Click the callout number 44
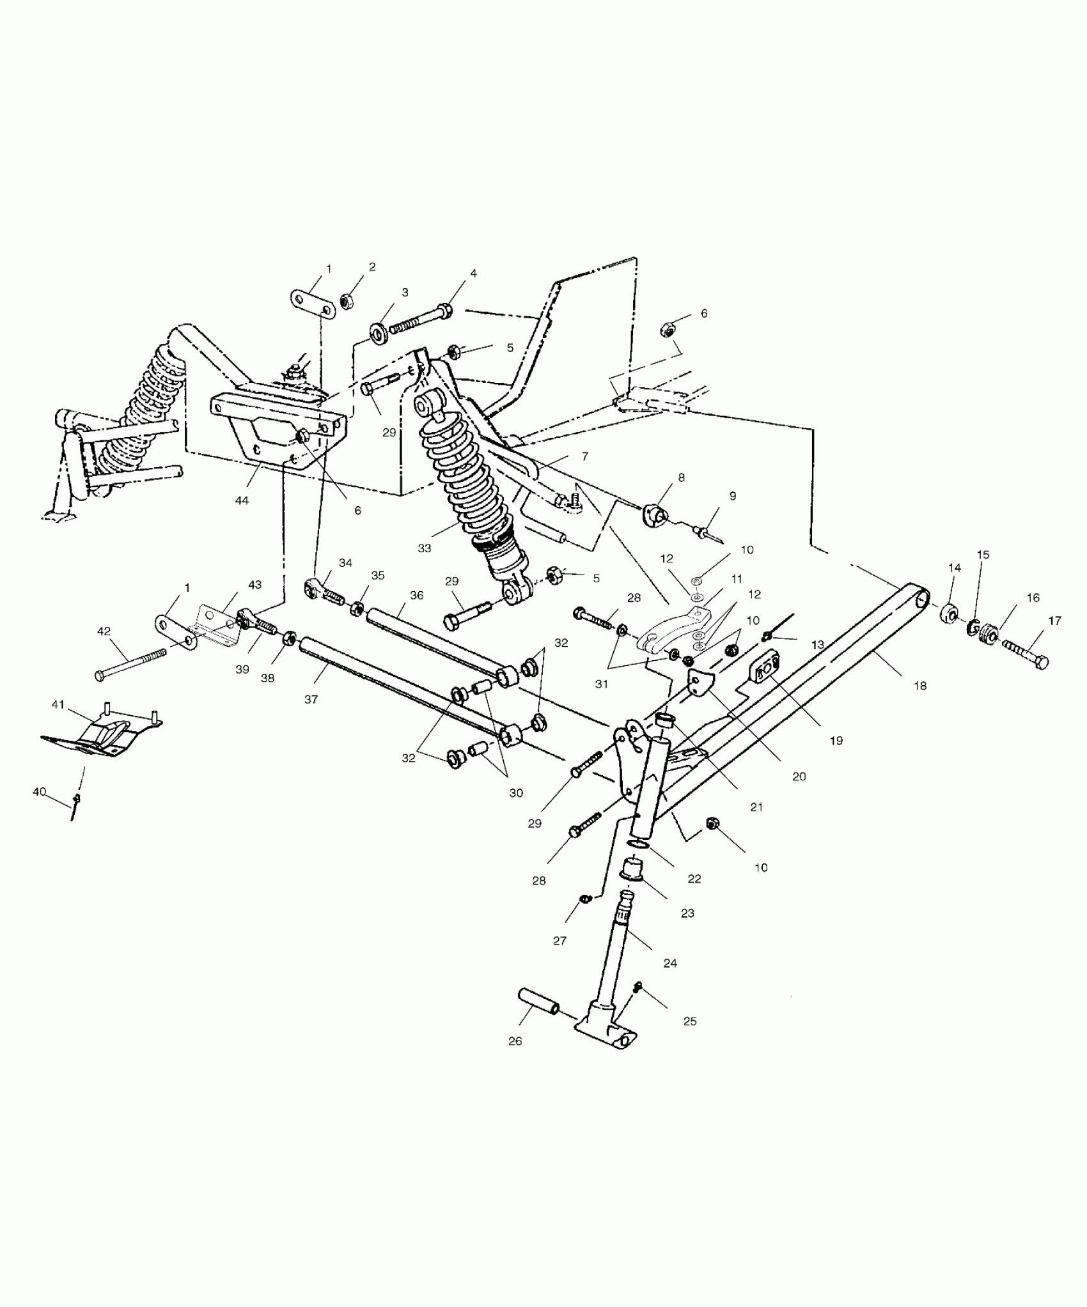pos(241,500)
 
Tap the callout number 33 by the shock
pos(424,548)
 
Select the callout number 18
pos(919,686)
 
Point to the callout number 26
pos(515,1041)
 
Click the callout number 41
pos(58,704)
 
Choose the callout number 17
pos(1054,621)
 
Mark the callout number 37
pos(311,700)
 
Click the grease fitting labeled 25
pos(637,989)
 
